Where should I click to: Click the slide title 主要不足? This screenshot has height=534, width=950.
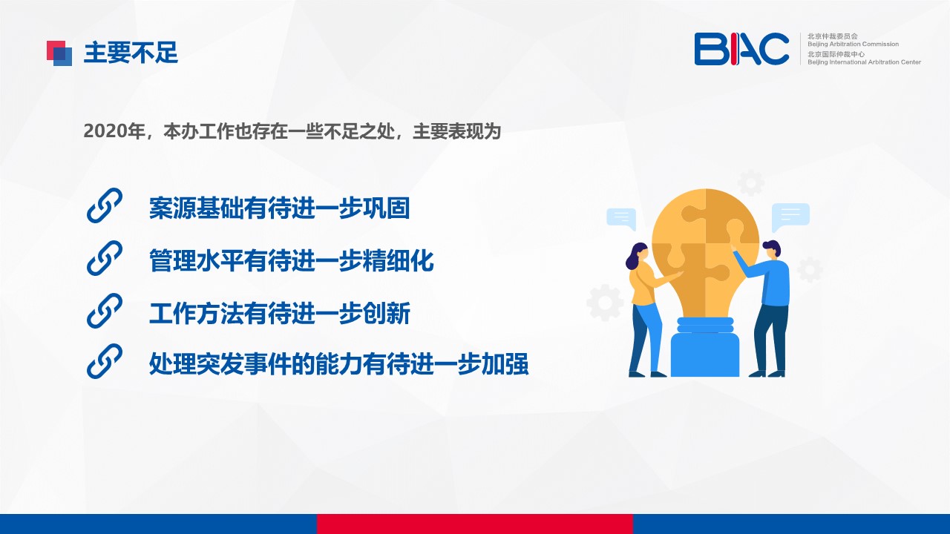pos(131,53)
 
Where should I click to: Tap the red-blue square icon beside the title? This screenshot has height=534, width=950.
pos(59,53)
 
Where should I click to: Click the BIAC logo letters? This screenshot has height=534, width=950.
pos(741,49)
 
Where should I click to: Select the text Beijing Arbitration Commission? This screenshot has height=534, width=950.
pos(853,44)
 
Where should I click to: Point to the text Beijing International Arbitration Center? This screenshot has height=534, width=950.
pos(864,62)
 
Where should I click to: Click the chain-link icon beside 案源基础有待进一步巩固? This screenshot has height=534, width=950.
pos(105,205)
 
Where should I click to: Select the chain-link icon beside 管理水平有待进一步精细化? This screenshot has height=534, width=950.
pos(105,258)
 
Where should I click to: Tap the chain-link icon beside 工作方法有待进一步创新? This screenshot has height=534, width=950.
pos(105,311)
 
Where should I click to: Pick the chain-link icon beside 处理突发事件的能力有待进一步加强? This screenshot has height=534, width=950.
pos(105,361)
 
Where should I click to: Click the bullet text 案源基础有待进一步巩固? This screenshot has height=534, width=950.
pos(280,208)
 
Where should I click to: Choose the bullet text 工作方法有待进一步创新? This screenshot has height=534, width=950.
pos(280,313)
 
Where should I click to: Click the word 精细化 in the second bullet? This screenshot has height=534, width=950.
pos(399,260)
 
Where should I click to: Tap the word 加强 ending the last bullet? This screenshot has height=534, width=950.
pos(505,363)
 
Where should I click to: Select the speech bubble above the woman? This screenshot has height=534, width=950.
pos(621,219)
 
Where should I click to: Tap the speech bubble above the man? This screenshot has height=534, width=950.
pos(790,217)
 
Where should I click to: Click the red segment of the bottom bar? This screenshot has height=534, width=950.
pos(474,524)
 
